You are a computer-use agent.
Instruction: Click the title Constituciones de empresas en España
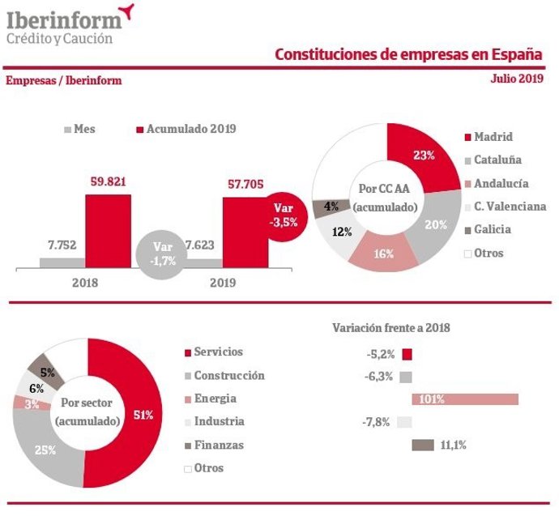[408, 54]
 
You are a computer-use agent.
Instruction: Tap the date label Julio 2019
[517, 79]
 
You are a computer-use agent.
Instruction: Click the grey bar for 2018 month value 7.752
[62, 262]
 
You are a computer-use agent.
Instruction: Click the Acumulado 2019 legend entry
[186, 129]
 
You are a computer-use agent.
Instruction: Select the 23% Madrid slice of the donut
[420, 155]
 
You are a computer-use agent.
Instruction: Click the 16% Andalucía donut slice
[384, 254]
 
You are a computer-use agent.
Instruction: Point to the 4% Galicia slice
[329, 207]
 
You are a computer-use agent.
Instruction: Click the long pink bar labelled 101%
[465, 399]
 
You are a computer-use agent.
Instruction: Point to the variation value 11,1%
[453, 445]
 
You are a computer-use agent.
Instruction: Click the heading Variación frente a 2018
[390, 328]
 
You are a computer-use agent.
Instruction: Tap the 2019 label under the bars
[222, 283]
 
